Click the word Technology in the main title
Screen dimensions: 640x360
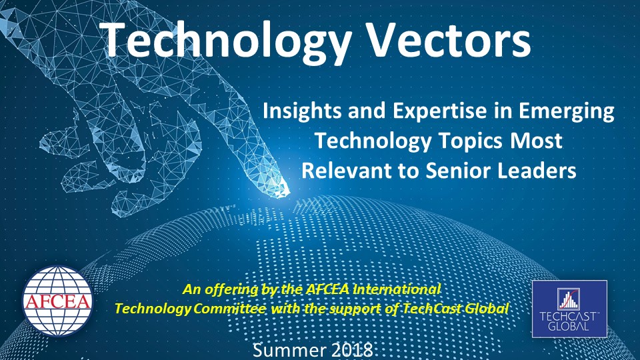pyautogui.click(x=228, y=41)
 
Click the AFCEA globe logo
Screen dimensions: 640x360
pyautogui.click(x=57, y=301)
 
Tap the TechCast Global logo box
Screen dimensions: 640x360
pyautogui.click(x=569, y=309)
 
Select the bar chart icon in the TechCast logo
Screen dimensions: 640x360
pyautogui.click(x=569, y=299)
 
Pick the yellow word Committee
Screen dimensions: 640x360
pyautogui.click(x=229, y=308)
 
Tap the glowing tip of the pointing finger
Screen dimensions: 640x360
pyautogui.click(x=283, y=189)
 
